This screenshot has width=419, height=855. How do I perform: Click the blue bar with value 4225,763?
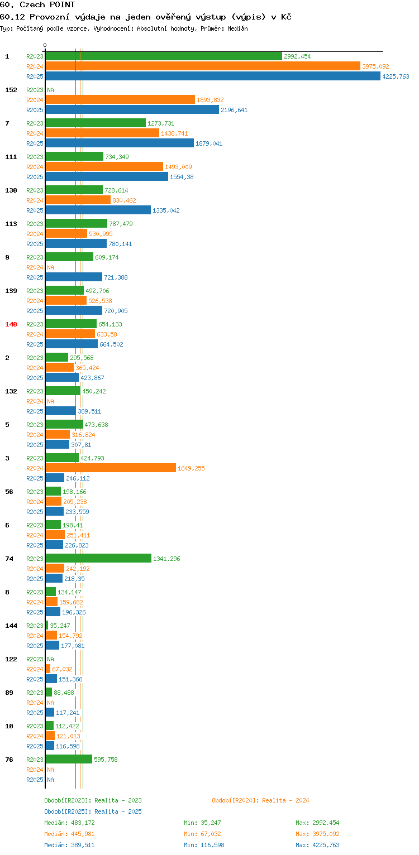[x=213, y=76]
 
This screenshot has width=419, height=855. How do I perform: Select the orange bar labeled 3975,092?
[x=203, y=66]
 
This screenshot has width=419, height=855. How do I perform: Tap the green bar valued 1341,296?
[x=98, y=559]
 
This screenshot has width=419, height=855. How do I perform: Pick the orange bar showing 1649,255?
[x=111, y=468]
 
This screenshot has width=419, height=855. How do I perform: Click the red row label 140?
[x=11, y=324]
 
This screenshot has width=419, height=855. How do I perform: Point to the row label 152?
[x=11, y=90]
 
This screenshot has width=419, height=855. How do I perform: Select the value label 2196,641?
[x=234, y=110]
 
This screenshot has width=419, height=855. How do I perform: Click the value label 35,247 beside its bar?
[x=60, y=626]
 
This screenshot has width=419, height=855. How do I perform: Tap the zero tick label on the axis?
[x=45, y=46]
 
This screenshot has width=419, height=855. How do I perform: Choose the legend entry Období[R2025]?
[x=67, y=811]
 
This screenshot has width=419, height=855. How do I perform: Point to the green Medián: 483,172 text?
[x=69, y=823]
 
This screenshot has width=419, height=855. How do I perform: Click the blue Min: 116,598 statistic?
[x=204, y=845]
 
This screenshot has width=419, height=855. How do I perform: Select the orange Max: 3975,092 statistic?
[x=317, y=834]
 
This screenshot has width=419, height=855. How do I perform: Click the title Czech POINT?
[x=47, y=5]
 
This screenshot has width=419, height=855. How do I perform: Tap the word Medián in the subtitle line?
[x=237, y=28]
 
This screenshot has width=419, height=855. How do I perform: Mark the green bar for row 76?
[x=69, y=759]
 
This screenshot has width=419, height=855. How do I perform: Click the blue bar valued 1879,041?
[x=120, y=143]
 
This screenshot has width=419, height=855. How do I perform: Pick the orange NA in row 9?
[x=50, y=267]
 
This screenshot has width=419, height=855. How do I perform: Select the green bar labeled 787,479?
[x=77, y=223]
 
